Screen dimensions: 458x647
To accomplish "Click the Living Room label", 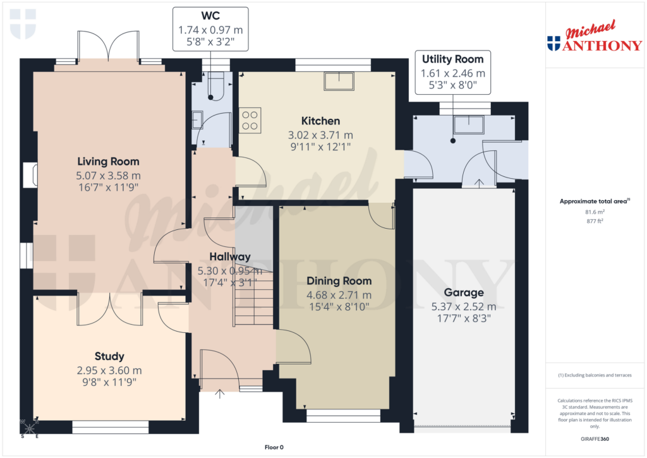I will [108, 161].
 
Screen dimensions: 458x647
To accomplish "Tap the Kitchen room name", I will [320, 121].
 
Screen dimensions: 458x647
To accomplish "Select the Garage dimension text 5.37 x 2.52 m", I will [463, 306].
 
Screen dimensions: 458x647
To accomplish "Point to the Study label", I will [109, 356].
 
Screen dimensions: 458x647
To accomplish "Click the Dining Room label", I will [339, 280].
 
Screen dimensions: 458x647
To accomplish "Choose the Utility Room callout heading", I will [452, 59].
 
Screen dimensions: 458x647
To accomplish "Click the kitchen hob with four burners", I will [250, 120].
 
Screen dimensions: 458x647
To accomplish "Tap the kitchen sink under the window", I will [339, 81].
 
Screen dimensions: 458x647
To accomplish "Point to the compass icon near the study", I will [30, 426].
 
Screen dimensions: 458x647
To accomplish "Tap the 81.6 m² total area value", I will [593, 212].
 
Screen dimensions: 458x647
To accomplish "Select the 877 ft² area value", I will [593, 222].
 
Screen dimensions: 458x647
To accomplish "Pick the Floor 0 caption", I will [275, 447].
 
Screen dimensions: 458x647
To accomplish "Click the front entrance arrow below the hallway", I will [220, 395].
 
